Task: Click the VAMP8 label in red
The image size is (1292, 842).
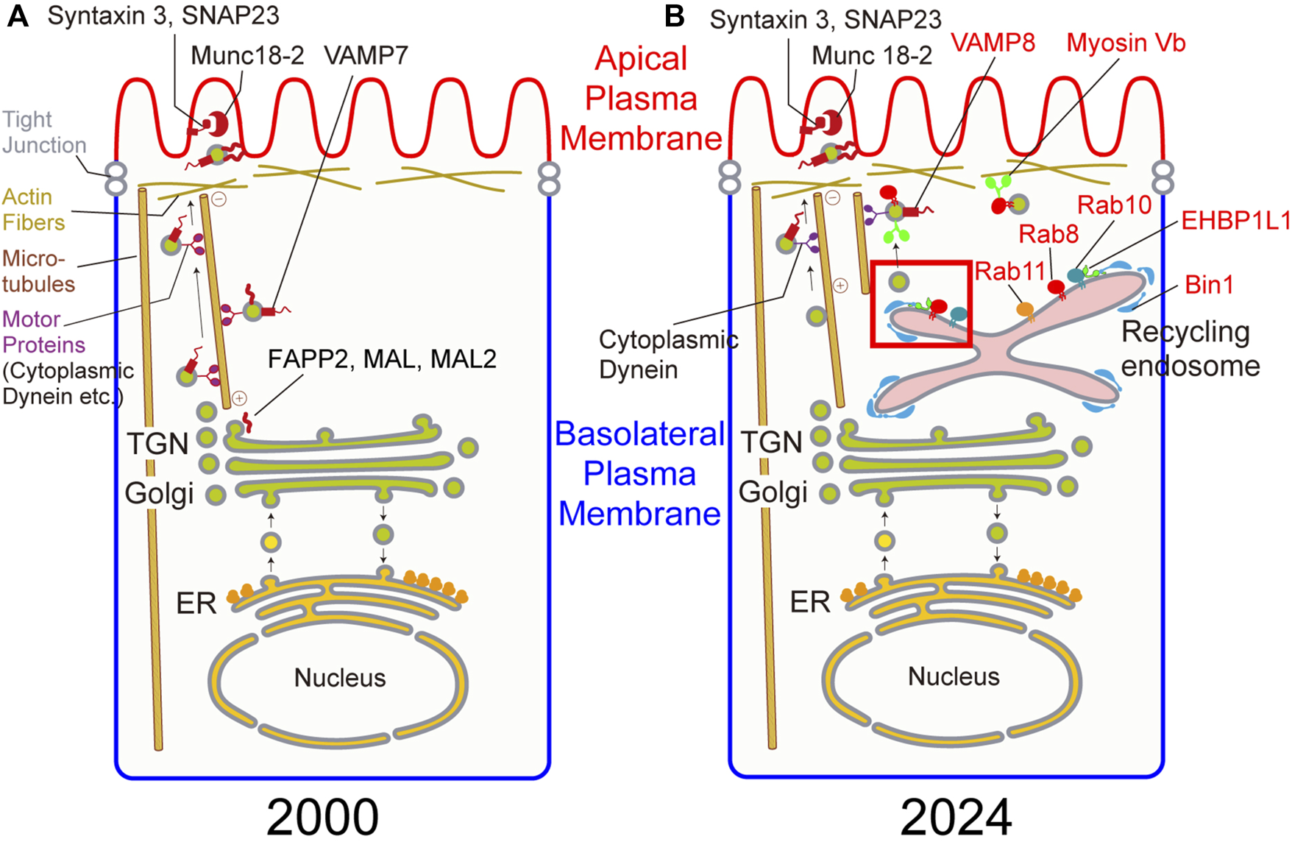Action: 993,43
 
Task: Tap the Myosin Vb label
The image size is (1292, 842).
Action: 1126,43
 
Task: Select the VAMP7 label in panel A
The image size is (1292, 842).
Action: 366,55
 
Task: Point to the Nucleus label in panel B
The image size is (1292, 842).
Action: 954,676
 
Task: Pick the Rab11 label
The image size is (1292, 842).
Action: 1009,272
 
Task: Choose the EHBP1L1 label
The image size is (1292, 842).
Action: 1235,220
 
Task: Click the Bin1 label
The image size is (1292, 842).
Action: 1209,284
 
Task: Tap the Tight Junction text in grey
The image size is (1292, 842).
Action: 43,132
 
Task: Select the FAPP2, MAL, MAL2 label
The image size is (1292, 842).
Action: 382,359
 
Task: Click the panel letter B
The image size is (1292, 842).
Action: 674,16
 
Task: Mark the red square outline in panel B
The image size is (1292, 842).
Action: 872,302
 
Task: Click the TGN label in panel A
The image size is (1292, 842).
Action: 157,444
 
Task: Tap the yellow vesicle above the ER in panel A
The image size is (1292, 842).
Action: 271,542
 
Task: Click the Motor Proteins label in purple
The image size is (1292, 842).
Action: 43,332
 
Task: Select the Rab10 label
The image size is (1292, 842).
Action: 1114,205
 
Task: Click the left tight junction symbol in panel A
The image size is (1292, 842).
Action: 116,179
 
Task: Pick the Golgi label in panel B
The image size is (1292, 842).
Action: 773,492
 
